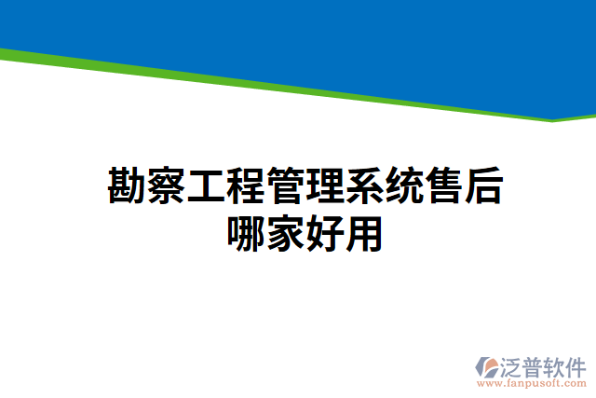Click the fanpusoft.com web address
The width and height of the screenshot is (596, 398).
pos(532,382)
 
